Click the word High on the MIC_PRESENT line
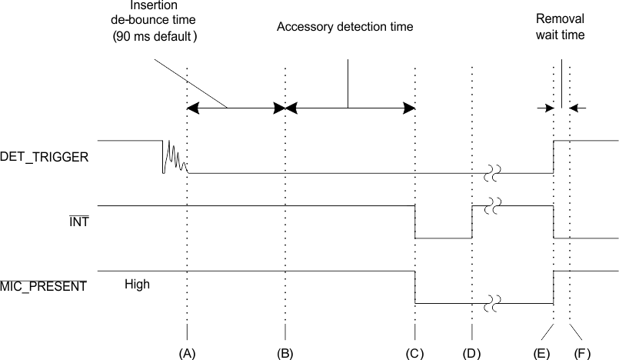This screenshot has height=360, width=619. [x=137, y=284]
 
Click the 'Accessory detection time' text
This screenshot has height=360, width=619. [x=345, y=27]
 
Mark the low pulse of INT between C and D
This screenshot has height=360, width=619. [x=444, y=238]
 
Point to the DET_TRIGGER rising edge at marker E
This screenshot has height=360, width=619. [x=554, y=157]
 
